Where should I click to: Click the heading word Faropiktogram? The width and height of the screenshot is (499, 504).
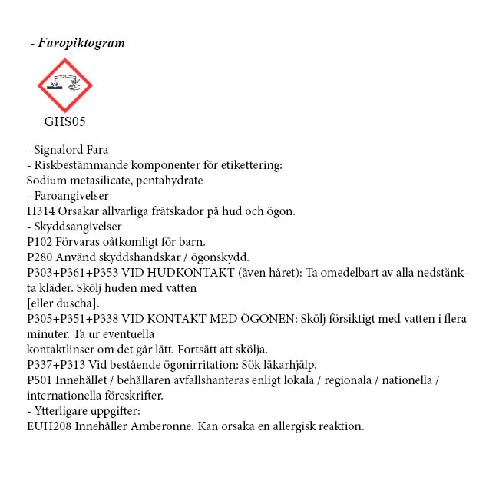pyautogui.click(x=81, y=43)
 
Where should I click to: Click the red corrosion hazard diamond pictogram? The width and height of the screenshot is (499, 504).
pyautogui.click(x=65, y=86)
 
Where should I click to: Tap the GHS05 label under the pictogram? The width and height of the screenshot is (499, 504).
pyautogui.click(x=64, y=121)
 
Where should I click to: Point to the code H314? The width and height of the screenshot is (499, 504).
pyautogui.click(x=40, y=211)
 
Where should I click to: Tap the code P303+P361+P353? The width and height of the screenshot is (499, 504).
pyautogui.click(x=74, y=273)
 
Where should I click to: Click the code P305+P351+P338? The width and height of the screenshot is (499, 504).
pyautogui.click(x=74, y=319)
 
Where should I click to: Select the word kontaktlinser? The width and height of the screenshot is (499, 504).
pyautogui.click(x=57, y=350)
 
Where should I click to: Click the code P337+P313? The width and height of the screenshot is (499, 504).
pyautogui.click(x=57, y=365)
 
